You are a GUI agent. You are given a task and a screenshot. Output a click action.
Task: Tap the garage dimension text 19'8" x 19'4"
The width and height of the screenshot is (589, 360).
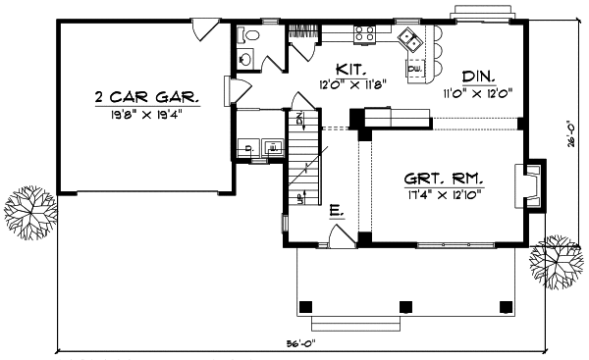147,114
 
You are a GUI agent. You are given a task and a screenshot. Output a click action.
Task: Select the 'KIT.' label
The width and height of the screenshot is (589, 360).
350,70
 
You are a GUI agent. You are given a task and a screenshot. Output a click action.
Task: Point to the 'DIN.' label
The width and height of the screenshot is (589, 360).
478,76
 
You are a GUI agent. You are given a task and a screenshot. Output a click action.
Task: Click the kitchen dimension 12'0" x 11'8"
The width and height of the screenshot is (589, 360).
350,85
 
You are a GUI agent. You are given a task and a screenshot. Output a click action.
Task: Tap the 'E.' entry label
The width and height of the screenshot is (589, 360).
336,210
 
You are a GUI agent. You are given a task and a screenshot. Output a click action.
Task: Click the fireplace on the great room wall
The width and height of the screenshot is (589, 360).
531,184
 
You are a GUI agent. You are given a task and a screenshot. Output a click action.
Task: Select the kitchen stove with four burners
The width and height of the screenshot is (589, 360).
365,34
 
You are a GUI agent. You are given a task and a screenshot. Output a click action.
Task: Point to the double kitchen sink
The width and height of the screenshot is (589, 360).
411,40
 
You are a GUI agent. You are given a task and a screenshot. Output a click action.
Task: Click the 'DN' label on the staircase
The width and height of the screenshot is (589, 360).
301,121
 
